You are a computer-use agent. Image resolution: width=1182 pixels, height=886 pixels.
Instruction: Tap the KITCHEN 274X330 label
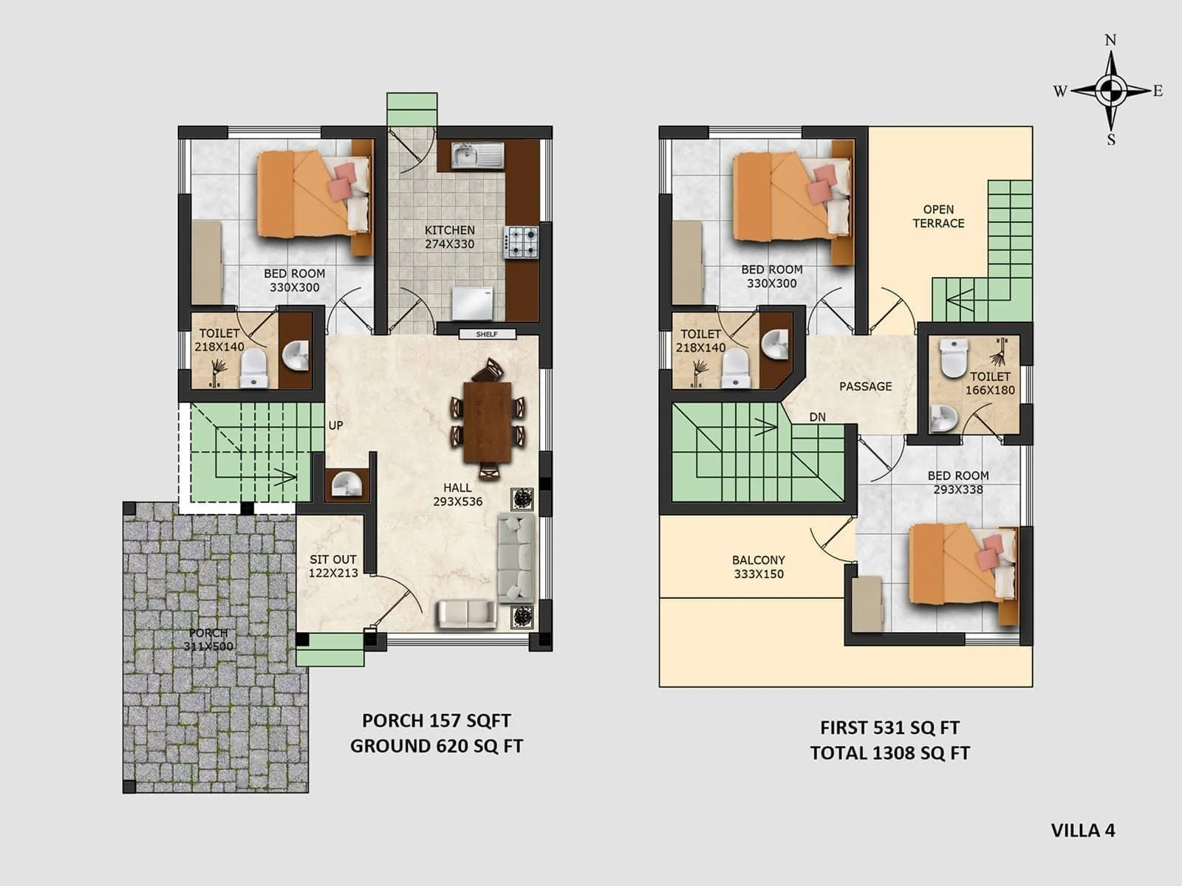click(x=449, y=237)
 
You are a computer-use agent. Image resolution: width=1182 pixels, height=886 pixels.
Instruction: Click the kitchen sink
click(x=476, y=156)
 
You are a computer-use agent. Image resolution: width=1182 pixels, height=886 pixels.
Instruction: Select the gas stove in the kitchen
click(x=522, y=242)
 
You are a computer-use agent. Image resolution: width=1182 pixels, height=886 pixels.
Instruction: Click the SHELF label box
click(x=487, y=334)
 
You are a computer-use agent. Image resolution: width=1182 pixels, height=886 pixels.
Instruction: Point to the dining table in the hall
click(x=488, y=421)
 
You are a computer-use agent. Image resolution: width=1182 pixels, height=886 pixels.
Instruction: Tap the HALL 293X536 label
click(x=457, y=495)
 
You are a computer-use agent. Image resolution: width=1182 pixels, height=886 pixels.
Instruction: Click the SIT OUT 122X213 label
click(x=332, y=566)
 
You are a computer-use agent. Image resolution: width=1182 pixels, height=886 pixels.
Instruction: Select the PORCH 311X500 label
click(x=208, y=639)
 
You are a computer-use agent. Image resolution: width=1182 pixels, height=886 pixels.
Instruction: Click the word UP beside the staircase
click(x=335, y=425)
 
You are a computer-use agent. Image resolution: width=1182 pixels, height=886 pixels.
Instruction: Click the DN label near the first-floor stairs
click(x=817, y=417)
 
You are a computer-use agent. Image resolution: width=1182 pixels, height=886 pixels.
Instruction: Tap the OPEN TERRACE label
click(x=938, y=216)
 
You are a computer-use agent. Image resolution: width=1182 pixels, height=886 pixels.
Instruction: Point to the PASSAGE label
click(x=865, y=386)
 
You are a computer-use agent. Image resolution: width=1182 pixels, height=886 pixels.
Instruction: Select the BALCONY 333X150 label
click(x=759, y=567)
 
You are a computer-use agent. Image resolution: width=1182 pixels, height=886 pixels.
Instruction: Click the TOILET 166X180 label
click(x=990, y=383)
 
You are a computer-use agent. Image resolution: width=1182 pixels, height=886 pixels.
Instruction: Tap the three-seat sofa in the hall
click(x=516, y=557)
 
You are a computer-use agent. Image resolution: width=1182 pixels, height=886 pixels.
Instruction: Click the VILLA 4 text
click(x=1082, y=830)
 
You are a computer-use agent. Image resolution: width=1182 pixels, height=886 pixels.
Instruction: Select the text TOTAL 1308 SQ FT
click(x=889, y=753)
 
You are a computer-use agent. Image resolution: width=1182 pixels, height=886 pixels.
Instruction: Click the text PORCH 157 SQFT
click(x=436, y=721)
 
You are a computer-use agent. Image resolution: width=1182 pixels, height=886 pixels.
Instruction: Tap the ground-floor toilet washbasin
click(x=296, y=357)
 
